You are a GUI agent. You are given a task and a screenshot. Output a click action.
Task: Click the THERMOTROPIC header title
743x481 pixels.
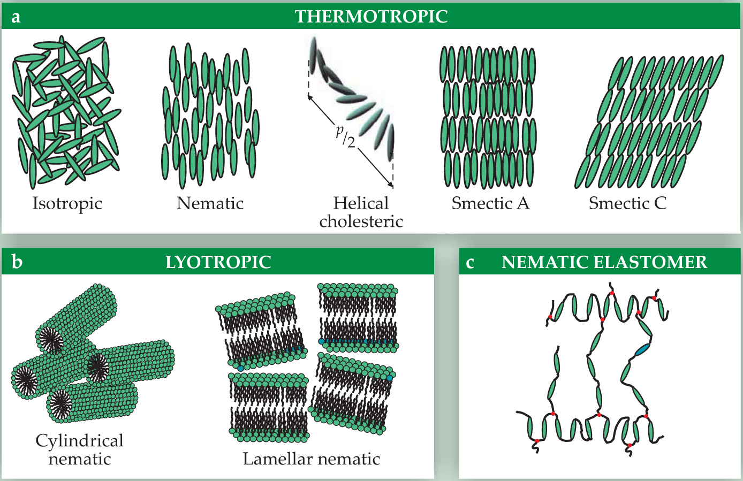click(371, 17)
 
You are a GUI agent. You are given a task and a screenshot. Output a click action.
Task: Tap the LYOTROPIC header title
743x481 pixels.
click(218, 262)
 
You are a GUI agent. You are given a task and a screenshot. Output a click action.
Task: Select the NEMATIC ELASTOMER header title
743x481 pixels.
click(604, 262)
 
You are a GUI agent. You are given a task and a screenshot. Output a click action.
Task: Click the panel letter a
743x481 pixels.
click(16, 17)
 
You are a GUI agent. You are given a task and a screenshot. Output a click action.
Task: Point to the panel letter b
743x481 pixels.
click(17, 262)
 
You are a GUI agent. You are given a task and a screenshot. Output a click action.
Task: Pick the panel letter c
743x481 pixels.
click(470, 263)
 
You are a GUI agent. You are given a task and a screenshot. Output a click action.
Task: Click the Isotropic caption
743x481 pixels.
click(67, 203)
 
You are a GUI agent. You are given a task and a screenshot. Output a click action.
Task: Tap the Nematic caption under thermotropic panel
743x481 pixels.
click(210, 203)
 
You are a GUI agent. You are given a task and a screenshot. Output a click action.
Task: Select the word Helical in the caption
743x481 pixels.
click(361, 203)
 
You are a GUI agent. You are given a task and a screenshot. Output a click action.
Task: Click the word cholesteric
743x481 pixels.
click(361, 221)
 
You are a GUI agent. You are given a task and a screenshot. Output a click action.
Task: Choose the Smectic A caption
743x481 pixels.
click(490, 203)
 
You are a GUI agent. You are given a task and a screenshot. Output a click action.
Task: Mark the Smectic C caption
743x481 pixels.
click(627, 203)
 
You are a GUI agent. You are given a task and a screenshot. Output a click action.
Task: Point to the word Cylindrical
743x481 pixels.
click(79, 440)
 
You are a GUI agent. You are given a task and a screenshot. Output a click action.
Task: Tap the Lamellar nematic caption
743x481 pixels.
click(311, 459)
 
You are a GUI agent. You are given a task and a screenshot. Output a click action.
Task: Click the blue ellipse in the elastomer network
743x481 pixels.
click(642, 350)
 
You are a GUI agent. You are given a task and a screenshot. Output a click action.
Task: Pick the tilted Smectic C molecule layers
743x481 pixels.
click(649, 121)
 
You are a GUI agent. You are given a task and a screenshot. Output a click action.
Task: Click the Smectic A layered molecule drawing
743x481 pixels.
click(488, 117)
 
